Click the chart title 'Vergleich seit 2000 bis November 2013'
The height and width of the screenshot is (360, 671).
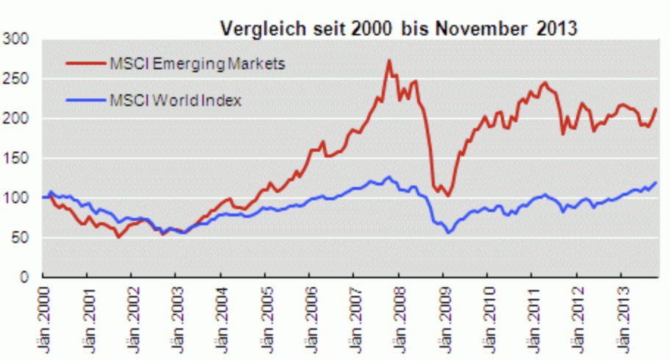[399, 29]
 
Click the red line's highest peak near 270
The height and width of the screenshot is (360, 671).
[389, 60]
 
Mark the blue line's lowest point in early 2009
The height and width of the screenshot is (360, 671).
[447, 233]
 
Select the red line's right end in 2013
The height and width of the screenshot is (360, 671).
[656, 109]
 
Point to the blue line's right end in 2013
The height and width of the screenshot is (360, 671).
[656, 183]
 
